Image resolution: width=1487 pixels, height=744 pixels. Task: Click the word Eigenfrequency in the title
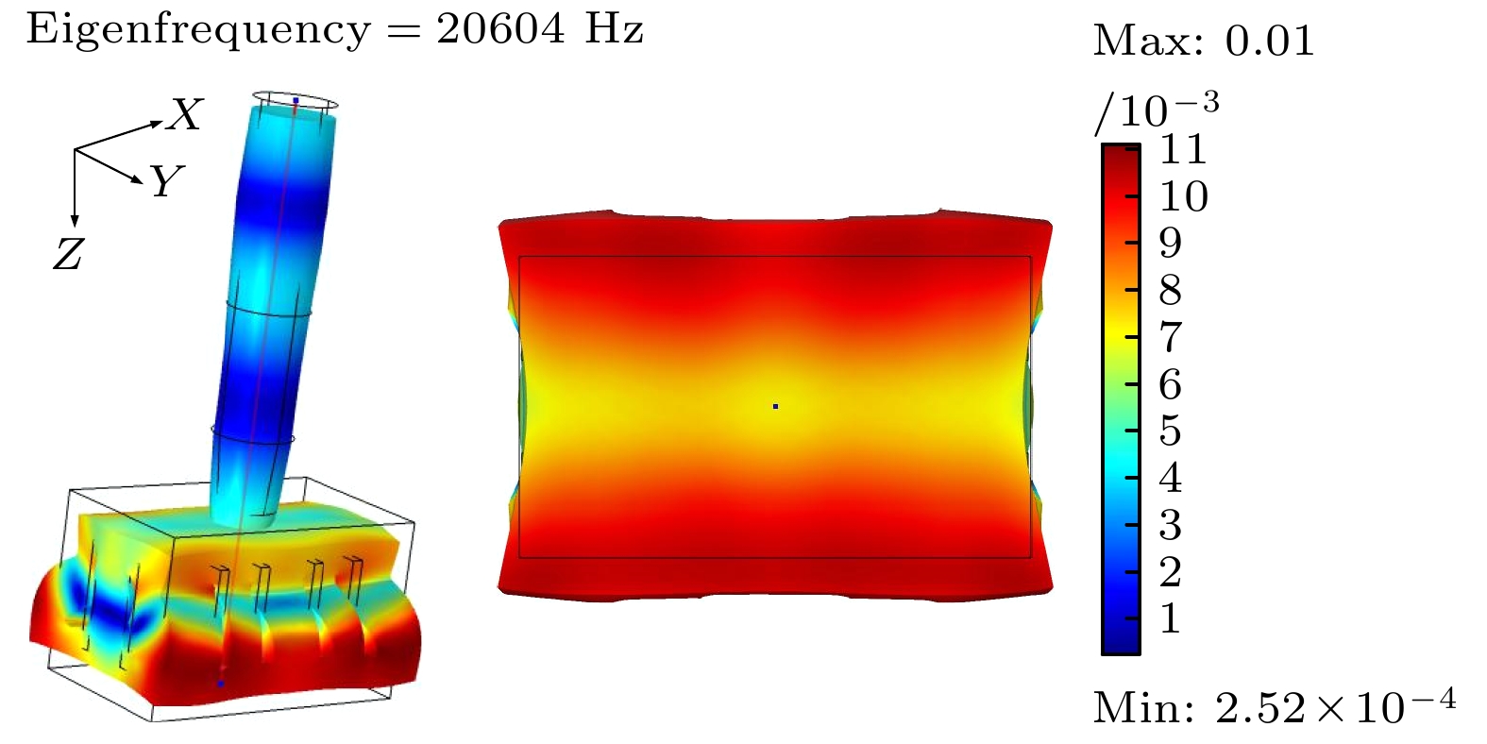198,30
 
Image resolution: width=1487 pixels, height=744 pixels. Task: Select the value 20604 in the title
500,29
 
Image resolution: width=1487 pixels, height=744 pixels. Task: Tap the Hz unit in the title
614,29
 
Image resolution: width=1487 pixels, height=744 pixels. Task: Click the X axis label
186,114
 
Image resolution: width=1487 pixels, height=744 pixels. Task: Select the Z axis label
68,254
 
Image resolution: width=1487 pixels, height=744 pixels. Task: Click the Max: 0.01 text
1204,41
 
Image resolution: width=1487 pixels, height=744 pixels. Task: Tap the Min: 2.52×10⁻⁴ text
1275,706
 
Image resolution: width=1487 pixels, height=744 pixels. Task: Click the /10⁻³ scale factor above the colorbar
1157,111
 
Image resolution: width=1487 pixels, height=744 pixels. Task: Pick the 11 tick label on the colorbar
1183,149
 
